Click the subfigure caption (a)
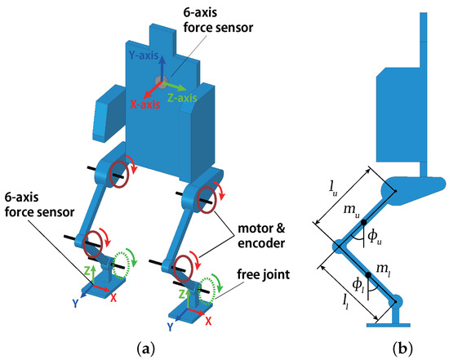point(145,349)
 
